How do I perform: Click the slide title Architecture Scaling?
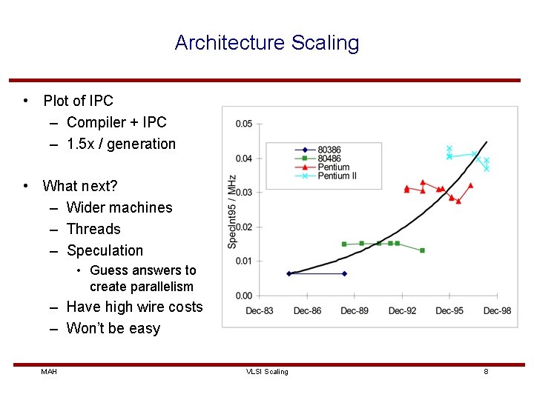267,43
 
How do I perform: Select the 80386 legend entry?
330,150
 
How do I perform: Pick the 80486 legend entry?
330,159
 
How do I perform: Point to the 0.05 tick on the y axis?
243,124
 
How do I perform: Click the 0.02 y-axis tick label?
243,227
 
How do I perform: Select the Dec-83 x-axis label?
260,310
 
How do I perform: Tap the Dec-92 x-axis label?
402,310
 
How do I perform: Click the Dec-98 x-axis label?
497,310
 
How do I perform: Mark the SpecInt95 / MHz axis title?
232,210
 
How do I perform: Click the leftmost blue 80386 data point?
289,273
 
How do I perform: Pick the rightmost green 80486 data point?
422,250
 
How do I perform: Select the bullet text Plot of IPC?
78,101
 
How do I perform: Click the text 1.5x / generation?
121,144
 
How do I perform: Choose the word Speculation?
105,250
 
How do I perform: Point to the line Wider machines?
119,207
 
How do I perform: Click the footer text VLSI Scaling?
267,371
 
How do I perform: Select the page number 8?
486,371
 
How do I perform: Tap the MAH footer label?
49,371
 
